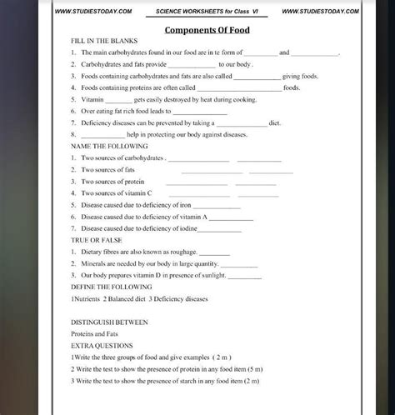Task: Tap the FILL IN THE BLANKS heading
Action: (104, 41)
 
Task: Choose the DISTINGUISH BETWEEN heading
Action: (110, 321)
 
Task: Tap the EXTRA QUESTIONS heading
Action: (102, 344)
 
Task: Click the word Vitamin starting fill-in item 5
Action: (93, 99)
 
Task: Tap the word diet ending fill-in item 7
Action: (274, 122)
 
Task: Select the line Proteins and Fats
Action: (95, 332)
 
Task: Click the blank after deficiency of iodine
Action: (225, 228)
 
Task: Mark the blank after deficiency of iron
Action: (217, 205)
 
